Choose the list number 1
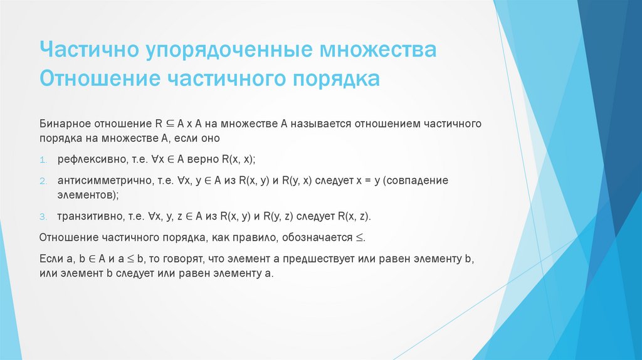(x=43, y=159)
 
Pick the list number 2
(x=43, y=181)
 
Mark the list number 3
(x=43, y=216)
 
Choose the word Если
(x=50, y=260)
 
